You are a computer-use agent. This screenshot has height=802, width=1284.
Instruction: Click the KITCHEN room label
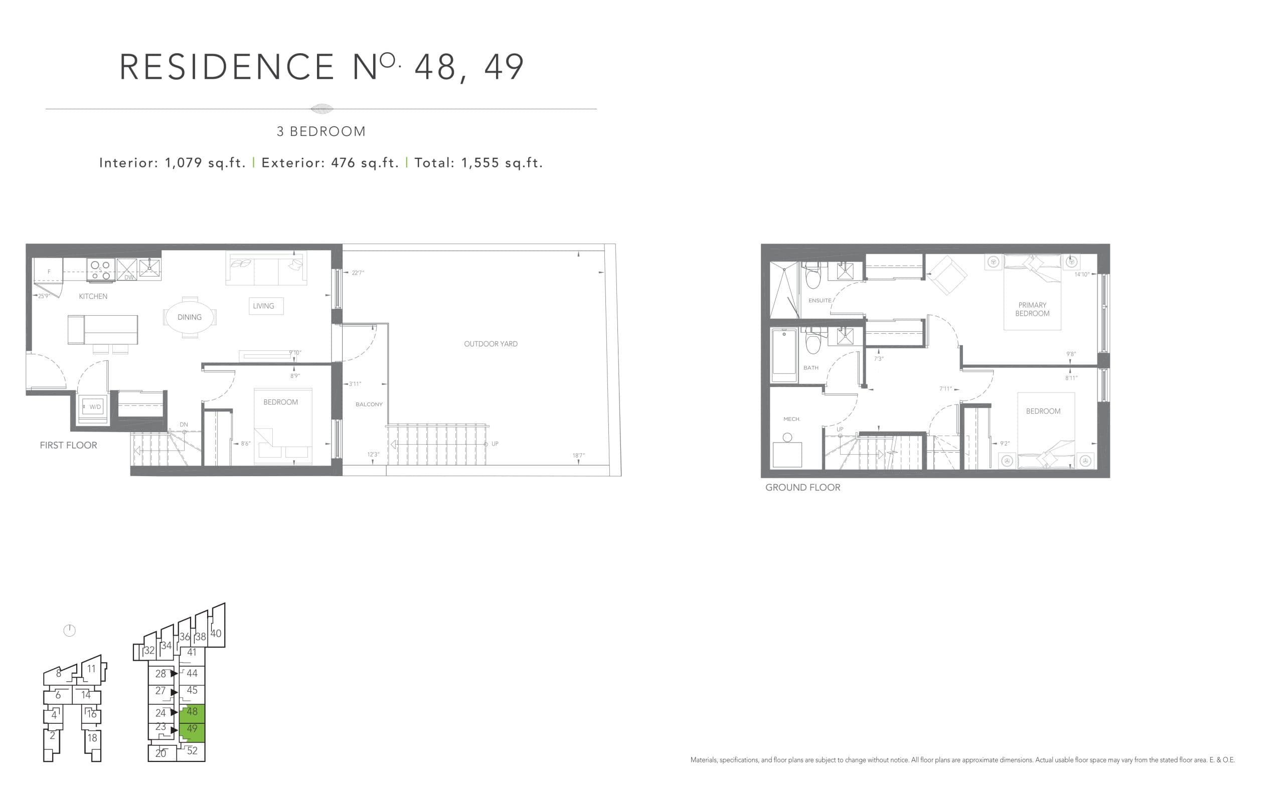93,296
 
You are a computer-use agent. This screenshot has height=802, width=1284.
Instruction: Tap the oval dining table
190,317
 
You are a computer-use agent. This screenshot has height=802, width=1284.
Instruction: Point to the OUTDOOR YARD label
490,344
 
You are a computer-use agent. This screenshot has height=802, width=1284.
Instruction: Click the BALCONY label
369,404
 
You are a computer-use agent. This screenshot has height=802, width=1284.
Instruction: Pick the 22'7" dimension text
358,273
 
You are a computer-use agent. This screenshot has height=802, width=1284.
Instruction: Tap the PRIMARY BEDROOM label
1032,309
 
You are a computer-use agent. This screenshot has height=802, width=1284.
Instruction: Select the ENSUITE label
819,300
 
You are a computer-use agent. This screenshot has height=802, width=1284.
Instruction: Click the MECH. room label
791,419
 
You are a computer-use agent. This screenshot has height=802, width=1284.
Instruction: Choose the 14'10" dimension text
1081,274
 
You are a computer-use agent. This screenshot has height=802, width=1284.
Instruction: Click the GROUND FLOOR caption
802,487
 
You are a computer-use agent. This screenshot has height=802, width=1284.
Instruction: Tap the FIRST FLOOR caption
68,445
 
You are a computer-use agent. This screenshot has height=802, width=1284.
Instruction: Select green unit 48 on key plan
192,712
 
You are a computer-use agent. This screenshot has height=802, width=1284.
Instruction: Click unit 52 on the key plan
192,750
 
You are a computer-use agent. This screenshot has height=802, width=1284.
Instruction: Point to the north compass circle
70,630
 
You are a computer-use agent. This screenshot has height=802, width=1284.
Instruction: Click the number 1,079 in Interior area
184,163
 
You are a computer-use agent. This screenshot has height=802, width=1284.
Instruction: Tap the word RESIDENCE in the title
227,67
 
